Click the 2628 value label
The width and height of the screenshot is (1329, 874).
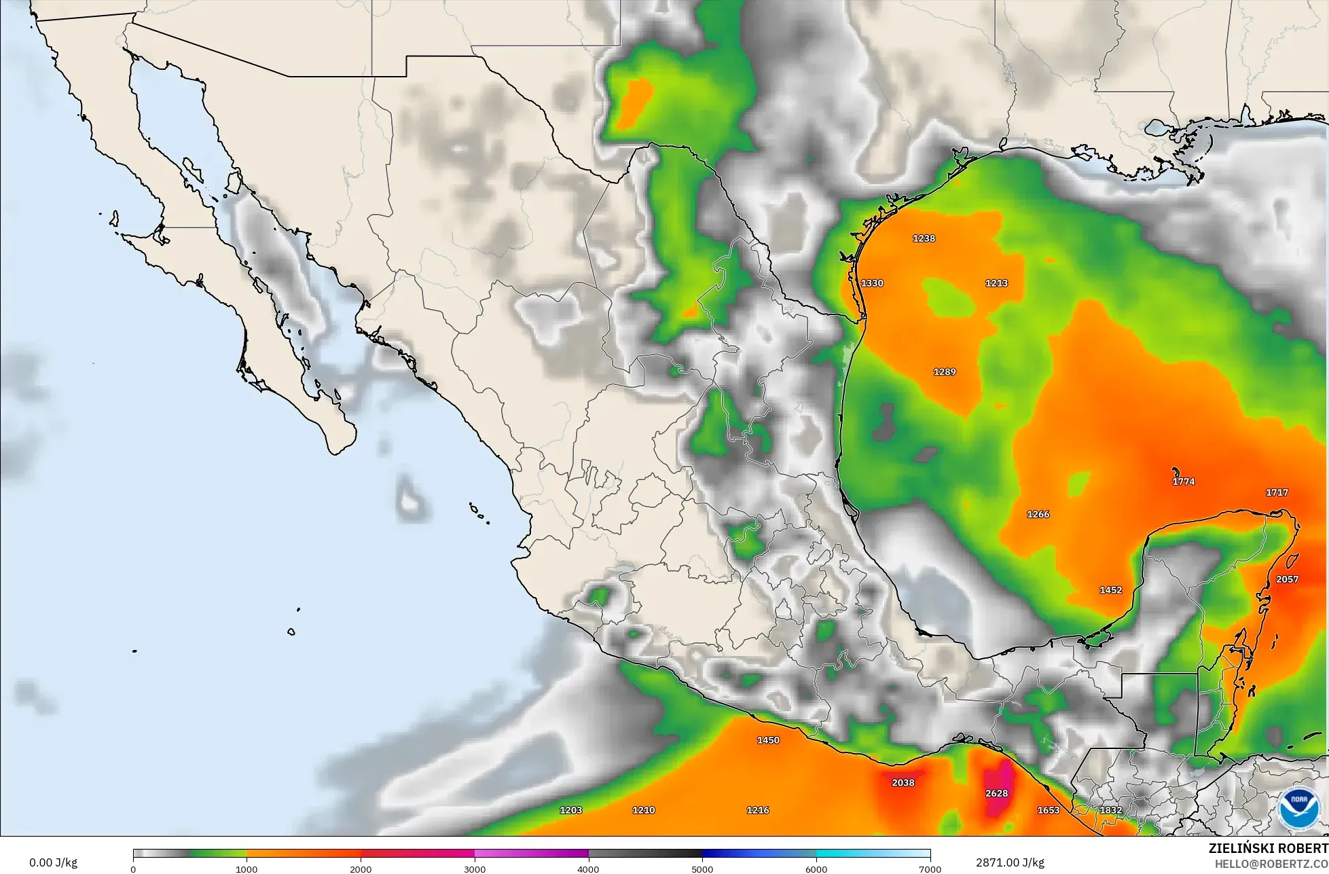(x=996, y=793)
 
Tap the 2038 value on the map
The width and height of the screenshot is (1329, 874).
(x=903, y=782)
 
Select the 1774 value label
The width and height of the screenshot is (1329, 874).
(x=1183, y=481)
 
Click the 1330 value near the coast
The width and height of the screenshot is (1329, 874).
(x=872, y=283)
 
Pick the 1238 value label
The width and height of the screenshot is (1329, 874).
(x=924, y=238)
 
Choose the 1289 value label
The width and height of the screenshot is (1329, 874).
(x=945, y=372)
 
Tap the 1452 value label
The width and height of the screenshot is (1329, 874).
(x=1111, y=590)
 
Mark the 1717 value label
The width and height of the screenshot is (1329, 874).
(x=1277, y=492)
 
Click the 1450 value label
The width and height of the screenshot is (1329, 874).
(x=768, y=740)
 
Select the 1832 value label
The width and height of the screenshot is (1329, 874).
(x=1111, y=810)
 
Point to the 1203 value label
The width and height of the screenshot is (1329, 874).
(x=570, y=810)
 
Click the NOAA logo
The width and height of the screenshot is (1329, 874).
(x=1298, y=809)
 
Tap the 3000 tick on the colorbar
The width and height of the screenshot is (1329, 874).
(x=475, y=869)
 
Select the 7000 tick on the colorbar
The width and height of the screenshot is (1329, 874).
(x=930, y=869)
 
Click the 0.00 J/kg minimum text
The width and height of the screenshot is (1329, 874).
(x=54, y=863)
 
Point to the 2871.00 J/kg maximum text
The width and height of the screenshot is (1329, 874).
(x=1010, y=862)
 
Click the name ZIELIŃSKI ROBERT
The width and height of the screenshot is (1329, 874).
(x=1268, y=848)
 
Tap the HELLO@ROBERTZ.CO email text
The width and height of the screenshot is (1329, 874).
(x=1271, y=863)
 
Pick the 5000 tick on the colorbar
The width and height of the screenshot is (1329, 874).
(x=702, y=869)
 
